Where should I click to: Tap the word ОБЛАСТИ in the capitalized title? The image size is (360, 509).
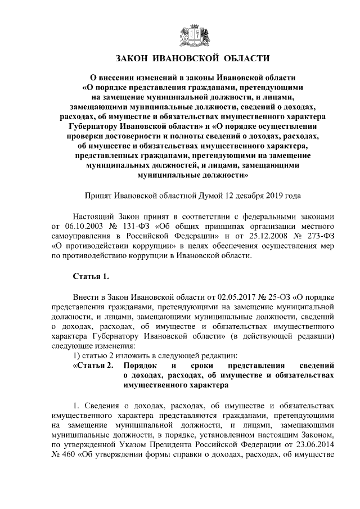[x=246, y=58]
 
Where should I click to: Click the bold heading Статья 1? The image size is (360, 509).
[x=91, y=276]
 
